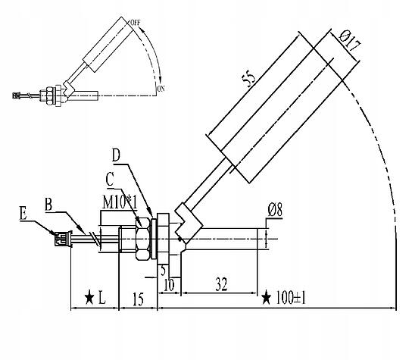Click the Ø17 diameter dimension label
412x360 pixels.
pos(350,41)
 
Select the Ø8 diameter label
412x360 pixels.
pos(275,210)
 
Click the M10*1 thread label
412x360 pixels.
pos(120,202)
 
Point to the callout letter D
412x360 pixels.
pos(116,155)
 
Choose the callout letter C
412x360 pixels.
pos(110,180)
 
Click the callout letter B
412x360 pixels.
pos(48,205)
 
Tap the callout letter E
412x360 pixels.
pos(23,213)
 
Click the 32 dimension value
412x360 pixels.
pos(221,284)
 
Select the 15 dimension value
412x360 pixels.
pos(138,299)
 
